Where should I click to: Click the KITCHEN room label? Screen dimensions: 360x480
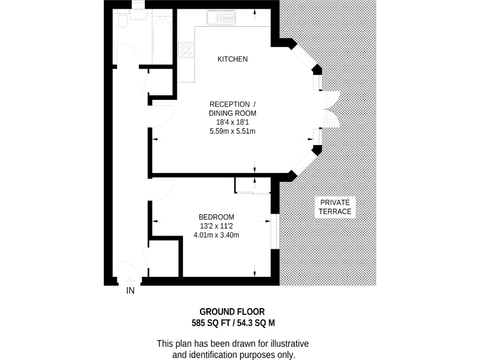pos(232,59)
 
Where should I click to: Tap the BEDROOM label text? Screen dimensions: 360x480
pos(216,217)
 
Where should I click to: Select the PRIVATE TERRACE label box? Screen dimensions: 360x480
pos(336,207)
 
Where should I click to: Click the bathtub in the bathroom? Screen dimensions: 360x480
pos(162,39)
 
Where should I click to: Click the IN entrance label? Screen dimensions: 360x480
pos(131,291)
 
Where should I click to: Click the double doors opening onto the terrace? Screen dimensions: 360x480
pos(328,109)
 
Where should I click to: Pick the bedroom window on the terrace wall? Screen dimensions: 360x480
pos(273,232)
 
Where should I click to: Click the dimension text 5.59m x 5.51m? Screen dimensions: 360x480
pos(232,131)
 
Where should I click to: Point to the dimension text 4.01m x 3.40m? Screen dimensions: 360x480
pos(216,235)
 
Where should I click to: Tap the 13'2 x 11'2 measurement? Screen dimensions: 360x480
pos(216,226)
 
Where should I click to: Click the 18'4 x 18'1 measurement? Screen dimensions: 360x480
pos(232,122)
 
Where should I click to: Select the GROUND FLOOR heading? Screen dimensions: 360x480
pos(232,311)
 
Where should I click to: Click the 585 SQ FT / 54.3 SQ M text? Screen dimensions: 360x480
pos(233,323)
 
